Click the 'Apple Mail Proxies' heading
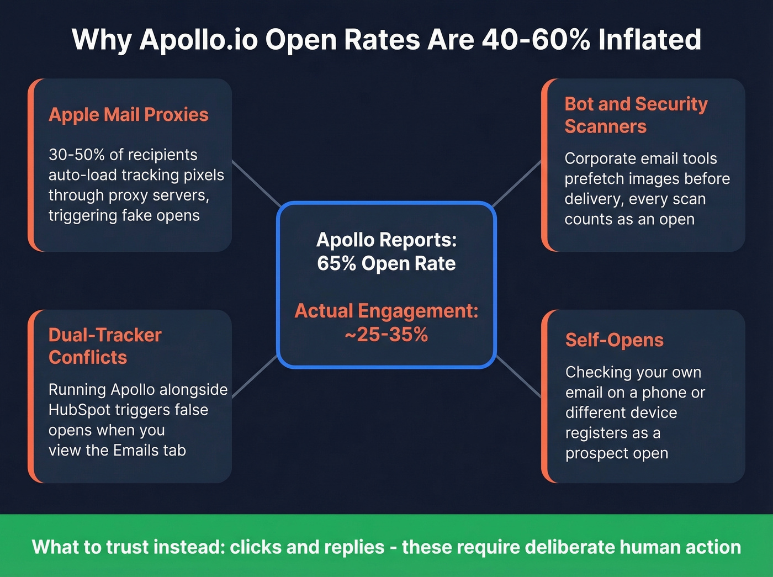coord(128,115)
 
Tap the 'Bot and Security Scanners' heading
coord(636,115)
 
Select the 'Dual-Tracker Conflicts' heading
coord(105,346)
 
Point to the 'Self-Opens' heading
coord(614,340)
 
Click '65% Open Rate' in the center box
coord(386,264)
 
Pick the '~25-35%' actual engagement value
coord(386,335)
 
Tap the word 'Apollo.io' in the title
coord(198,40)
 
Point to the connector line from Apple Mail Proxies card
coord(256,184)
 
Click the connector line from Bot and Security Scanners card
coord(516,184)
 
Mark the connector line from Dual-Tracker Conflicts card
coord(255,377)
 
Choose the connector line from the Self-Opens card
coord(518,377)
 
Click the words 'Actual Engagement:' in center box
coord(386,311)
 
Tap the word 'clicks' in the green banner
coord(256,547)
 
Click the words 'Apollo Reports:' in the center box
coord(386,240)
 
